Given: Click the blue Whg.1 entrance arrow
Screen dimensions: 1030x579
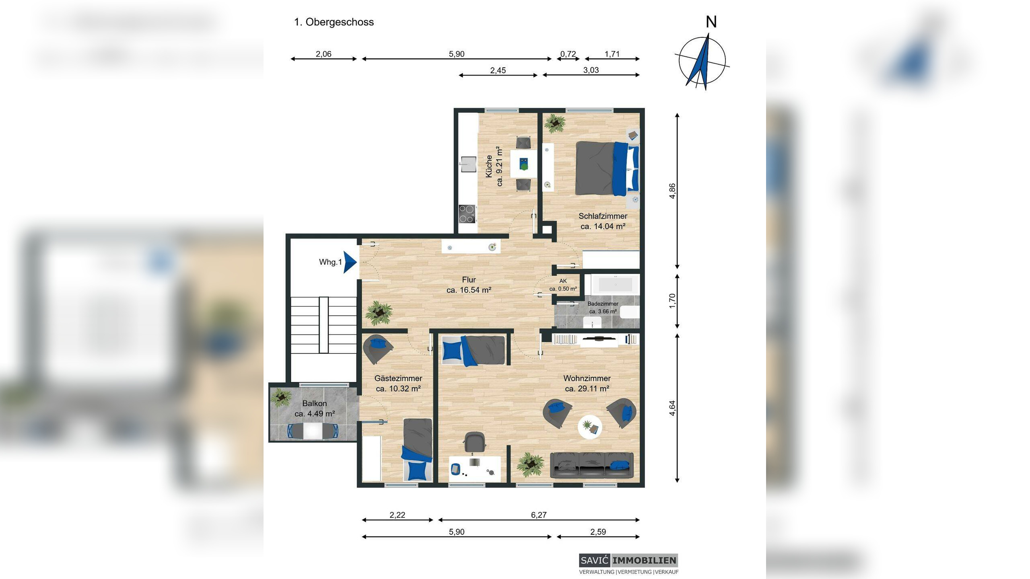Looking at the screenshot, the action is pyautogui.click(x=349, y=262).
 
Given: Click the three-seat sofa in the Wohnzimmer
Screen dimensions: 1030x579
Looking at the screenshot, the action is pyautogui.click(x=591, y=465).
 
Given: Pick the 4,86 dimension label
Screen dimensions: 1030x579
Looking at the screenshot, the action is pyautogui.click(x=672, y=191).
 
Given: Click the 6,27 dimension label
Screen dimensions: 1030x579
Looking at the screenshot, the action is pyautogui.click(x=539, y=515).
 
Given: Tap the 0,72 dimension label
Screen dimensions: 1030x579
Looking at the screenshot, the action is pyautogui.click(x=568, y=54).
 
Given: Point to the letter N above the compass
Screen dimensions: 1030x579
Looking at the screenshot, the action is pyautogui.click(x=711, y=22).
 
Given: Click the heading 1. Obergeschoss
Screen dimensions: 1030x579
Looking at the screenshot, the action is pyautogui.click(x=334, y=22).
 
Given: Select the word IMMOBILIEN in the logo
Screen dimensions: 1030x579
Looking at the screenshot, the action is pyautogui.click(x=644, y=561).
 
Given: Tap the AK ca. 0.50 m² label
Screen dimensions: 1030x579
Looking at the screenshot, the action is pyautogui.click(x=563, y=285).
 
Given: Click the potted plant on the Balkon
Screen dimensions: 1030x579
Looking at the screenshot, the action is pyautogui.click(x=281, y=397).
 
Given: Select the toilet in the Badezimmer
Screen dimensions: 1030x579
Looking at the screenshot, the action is pyautogui.click(x=630, y=312).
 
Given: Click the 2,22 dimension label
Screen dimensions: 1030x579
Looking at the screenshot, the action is pyautogui.click(x=397, y=515).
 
